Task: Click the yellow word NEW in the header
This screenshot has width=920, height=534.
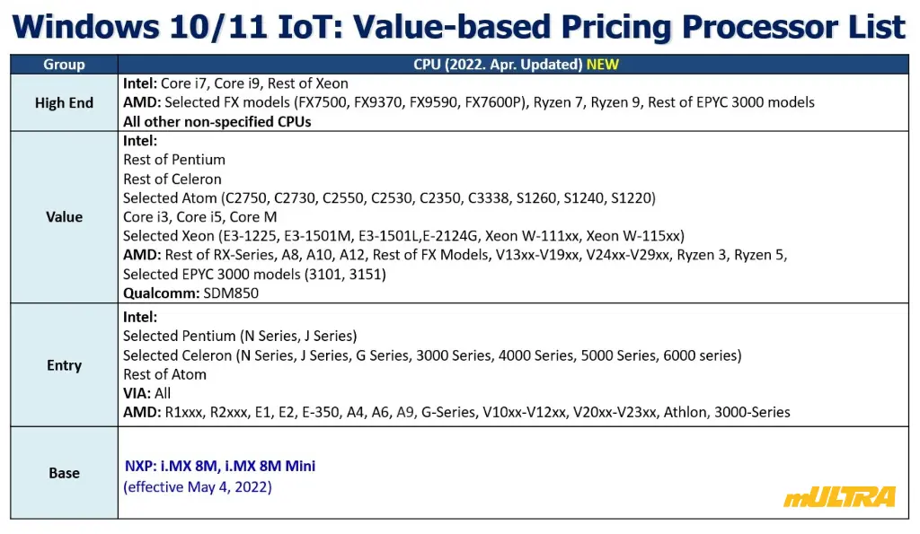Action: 603,64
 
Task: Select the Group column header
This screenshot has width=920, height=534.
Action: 64,64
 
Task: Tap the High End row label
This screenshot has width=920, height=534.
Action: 64,102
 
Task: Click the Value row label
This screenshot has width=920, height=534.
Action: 64,217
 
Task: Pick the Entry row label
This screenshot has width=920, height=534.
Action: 64,365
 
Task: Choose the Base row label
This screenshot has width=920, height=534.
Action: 64,472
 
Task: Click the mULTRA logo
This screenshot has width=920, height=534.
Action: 840,496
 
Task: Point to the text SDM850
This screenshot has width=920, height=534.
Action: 231,293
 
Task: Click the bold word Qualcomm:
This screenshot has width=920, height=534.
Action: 162,293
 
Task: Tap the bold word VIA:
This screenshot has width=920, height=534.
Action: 137,393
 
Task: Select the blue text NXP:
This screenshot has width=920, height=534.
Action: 141,466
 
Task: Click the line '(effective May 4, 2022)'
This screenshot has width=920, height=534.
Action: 198,487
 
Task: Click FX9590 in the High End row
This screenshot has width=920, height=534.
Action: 434,102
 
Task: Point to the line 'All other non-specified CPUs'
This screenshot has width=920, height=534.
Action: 217,121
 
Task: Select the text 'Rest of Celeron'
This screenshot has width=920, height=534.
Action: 172,179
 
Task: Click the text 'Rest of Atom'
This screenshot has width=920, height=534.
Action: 165,374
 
